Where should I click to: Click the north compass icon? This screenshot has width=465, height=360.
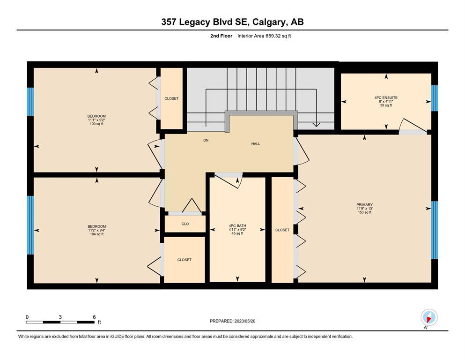pyautogui.click(x=429, y=317)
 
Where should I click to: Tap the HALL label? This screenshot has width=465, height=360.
pyautogui.click(x=256, y=143)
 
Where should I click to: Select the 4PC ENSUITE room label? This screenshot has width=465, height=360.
pyautogui.click(x=386, y=97)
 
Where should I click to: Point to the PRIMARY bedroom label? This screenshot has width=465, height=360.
pyautogui.click(x=364, y=204)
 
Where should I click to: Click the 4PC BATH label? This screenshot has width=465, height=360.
pyautogui.click(x=237, y=225)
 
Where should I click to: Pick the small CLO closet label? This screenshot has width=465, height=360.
pyautogui.click(x=185, y=224)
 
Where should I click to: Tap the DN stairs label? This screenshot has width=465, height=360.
pyautogui.click(x=206, y=140)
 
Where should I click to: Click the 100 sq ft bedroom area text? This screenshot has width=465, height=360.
pyautogui.click(x=96, y=124)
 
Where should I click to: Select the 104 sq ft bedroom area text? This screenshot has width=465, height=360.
pyautogui.click(x=96, y=234)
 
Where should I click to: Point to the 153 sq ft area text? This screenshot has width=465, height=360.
pyautogui.click(x=364, y=212)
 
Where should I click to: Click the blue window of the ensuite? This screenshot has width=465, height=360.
pyautogui.click(x=434, y=98)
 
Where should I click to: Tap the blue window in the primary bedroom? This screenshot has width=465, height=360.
pyautogui.click(x=434, y=230)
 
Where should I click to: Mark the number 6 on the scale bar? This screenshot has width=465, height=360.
pyautogui.click(x=94, y=317)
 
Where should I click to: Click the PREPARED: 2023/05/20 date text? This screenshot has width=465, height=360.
pyautogui.click(x=232, y=321)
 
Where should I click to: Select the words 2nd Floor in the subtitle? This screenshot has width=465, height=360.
pyautogui.click(x=221, y=36)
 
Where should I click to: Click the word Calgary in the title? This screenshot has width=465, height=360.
pyautogui.click(x=270, y=22)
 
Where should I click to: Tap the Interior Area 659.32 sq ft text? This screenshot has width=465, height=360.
pyautogui.click(x=264, y=36)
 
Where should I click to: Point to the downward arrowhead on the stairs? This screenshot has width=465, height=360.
pyautogui.click(x=317, y=124)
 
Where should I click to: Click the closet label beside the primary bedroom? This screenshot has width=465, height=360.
pyautogui.click(x=282, y=230)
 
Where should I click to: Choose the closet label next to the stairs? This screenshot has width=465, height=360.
pyautogui.click(x=171, y=98)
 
